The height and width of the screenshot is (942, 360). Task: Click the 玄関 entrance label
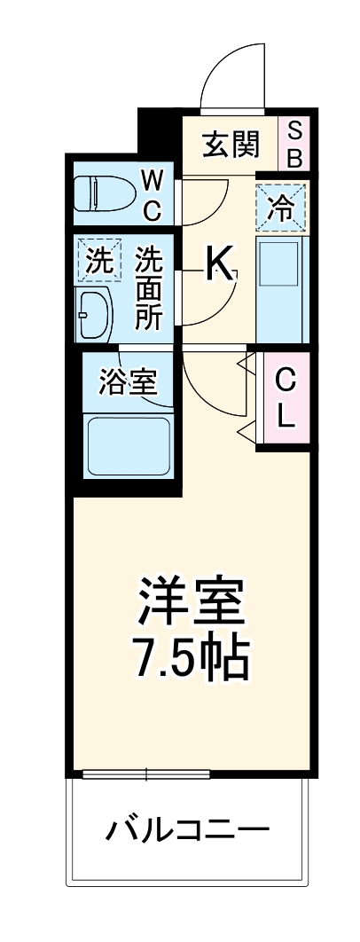click(229, 144)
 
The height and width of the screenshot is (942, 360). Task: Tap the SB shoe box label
click(295, 144)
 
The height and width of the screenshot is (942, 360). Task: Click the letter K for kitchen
click(220, 263)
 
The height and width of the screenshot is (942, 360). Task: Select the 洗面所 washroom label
click(148, 289)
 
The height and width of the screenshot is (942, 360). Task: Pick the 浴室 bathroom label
click(129, 383)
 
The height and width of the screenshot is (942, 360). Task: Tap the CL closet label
click(284, 398)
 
